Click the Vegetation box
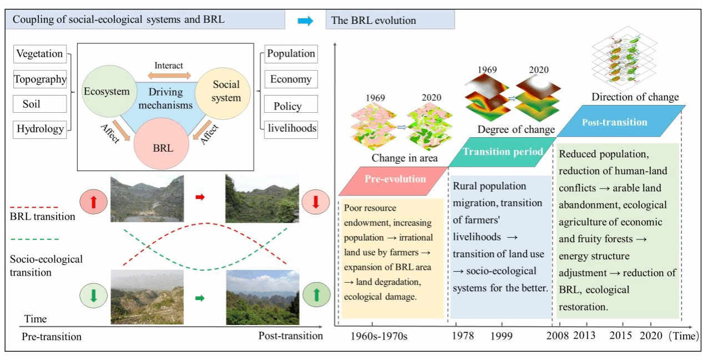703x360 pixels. coord(39,54)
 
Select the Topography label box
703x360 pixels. coord(40,79)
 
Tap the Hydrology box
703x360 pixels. coord(40,129)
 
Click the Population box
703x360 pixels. coord(291,54)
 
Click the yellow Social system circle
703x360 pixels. coord(227,91)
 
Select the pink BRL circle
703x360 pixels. coord(163,147)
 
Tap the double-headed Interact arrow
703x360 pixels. coord(169,75)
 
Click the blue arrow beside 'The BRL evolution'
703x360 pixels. coord(305,21)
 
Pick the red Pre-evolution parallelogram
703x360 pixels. coord(395,179)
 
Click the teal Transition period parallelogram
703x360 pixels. coord(502,152)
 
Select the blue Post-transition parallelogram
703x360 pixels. coord(614,122)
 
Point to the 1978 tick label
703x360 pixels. coord(463,336)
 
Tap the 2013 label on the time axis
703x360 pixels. coord(584,336)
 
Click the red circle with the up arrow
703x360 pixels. coord(93,202)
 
